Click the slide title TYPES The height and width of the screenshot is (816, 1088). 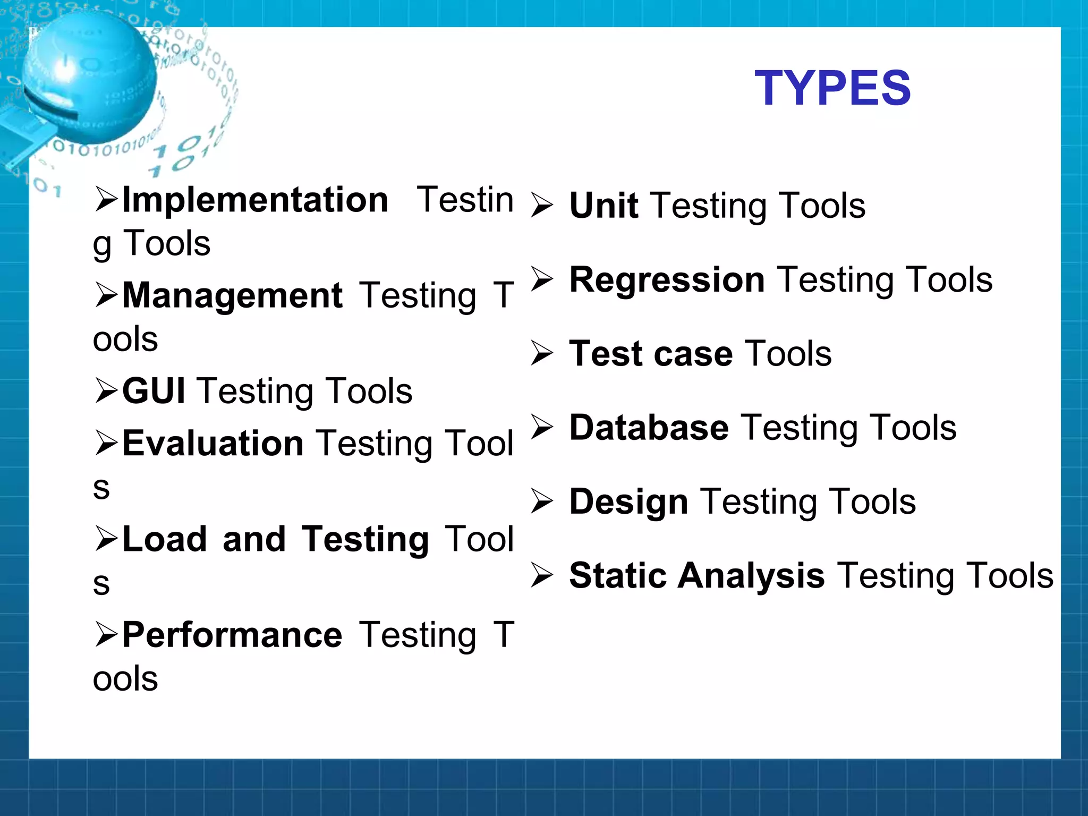click(x=832, y=88)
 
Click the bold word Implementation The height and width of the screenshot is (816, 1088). click(x=255, y=200)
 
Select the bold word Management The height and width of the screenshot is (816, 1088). click(x=232, y=295)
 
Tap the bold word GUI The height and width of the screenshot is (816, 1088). click(x=154, y=391)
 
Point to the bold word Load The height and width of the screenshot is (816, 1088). click(x=164, y=539)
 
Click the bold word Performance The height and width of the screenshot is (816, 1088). click(x=232, y=635)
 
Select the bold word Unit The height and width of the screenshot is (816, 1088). click(x=603, y=206)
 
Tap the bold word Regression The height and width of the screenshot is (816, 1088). click(x=667, y=279)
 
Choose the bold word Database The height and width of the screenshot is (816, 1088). click(x=649, y=428)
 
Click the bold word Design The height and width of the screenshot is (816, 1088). click(x=628, y=501)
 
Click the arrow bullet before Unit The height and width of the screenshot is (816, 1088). click(x=542, y=206)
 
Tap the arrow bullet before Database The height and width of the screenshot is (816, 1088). click(x=542, y=427)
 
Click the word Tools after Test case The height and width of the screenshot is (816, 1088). click(x=788, y=354)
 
